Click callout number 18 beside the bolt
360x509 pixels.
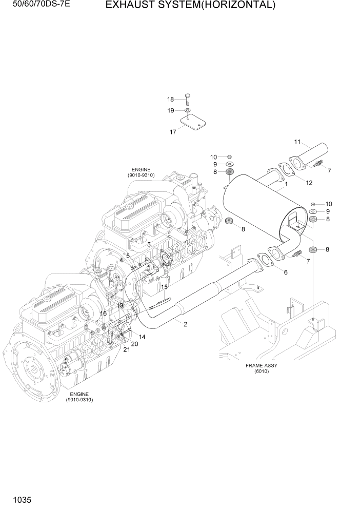tap(170, 99)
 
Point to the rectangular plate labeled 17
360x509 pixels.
tap(193, 123)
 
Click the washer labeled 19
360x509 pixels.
tap(188, 110)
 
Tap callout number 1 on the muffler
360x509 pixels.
tap(286, 184)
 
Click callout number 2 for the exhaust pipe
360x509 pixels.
tap(185, 324)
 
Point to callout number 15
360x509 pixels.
tap(165, 287)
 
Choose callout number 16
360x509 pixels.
tap(103, 314)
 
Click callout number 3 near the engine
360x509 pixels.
tap(149, 245)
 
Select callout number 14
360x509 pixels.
tap(142, 337)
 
